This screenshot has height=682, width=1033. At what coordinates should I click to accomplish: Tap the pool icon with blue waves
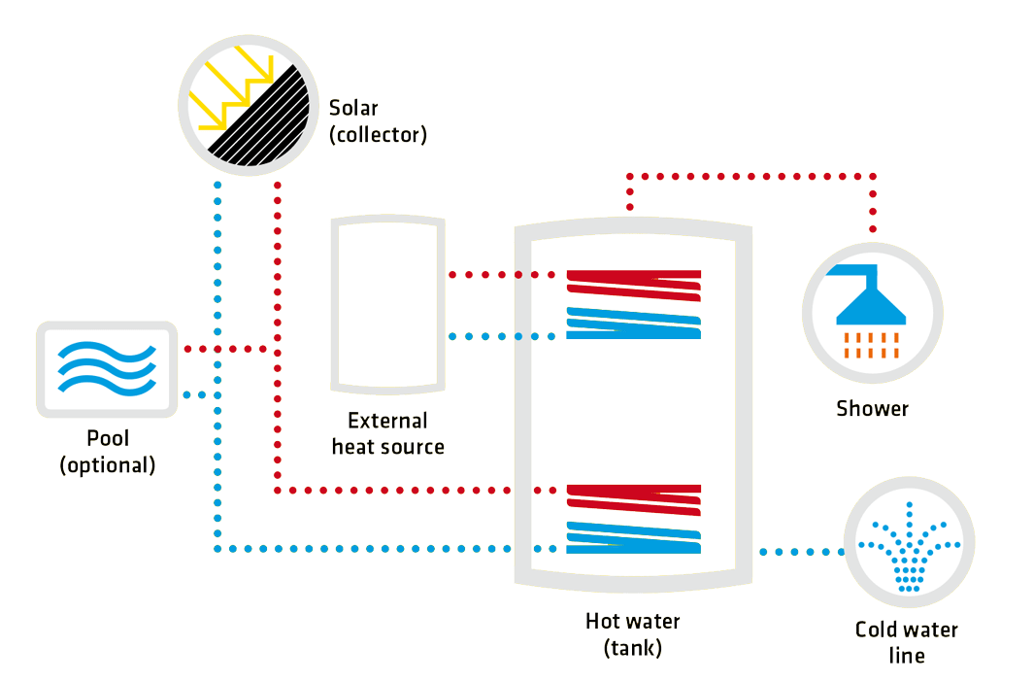click(x=107, y=370)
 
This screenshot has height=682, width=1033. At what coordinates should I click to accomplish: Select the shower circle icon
click(x=871, y=312)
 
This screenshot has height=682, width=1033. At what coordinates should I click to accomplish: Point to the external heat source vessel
click(x=388, y=303)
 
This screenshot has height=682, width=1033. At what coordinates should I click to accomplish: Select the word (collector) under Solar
click(x=378, y=134)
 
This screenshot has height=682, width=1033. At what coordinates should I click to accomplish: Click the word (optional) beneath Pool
click(x=107, y=465)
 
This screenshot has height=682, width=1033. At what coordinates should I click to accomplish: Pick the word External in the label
click(x=387, y=421)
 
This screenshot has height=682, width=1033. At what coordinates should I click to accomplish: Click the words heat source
click(x=387, y=447)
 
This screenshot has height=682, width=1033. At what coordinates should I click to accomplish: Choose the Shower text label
click(x=872, y=408)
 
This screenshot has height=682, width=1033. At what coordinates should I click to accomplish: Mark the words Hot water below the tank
click(x=632, y=621)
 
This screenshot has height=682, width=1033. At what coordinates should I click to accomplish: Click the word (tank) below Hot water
click(x=632, y=647)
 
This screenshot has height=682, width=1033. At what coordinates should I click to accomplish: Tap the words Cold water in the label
click(x=906, y=630)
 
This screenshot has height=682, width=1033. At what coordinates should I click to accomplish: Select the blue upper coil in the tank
click(x=634, y=323)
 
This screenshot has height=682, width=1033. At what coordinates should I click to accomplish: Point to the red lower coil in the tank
click(x=634, y=496)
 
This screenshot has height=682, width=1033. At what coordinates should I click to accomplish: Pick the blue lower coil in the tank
click(x=634, y=537)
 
